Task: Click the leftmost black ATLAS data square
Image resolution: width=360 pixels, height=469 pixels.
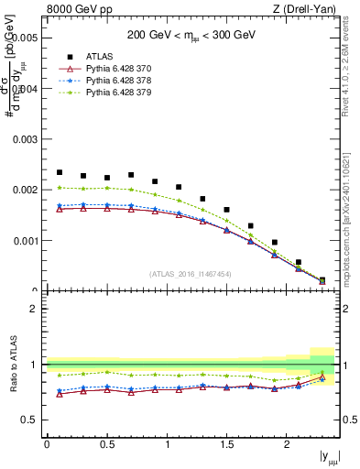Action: click(x=60, y=172)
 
